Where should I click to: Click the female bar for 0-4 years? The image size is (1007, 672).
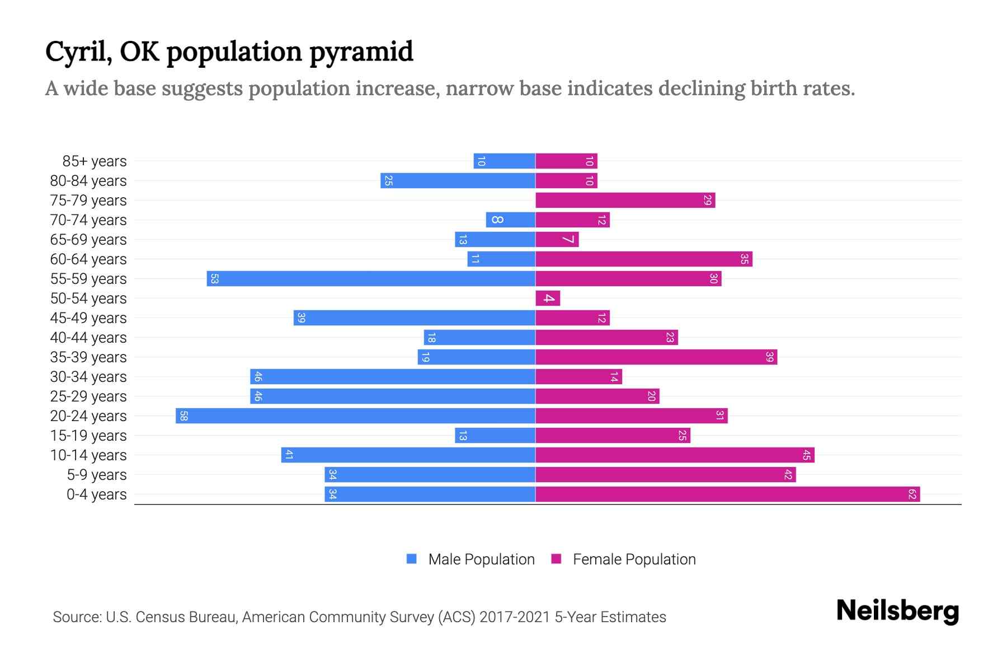727,494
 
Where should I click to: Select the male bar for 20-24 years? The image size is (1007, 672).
355,416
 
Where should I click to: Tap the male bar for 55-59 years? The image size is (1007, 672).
371,279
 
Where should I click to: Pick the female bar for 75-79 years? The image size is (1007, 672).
625,200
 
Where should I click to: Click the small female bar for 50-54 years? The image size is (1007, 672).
548,298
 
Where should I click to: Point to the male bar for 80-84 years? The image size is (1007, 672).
458,181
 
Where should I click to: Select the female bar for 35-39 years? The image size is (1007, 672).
656,357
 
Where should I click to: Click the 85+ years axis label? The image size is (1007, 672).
94,161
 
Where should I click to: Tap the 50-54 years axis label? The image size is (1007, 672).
88,298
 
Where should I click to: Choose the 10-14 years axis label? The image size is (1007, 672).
88,455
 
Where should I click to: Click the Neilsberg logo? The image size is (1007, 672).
897,611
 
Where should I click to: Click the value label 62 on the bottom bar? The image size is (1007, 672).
912,494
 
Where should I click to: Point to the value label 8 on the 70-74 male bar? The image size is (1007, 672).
497,220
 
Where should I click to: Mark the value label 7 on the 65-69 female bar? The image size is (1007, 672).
568,240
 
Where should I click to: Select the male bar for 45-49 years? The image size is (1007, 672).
414,318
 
